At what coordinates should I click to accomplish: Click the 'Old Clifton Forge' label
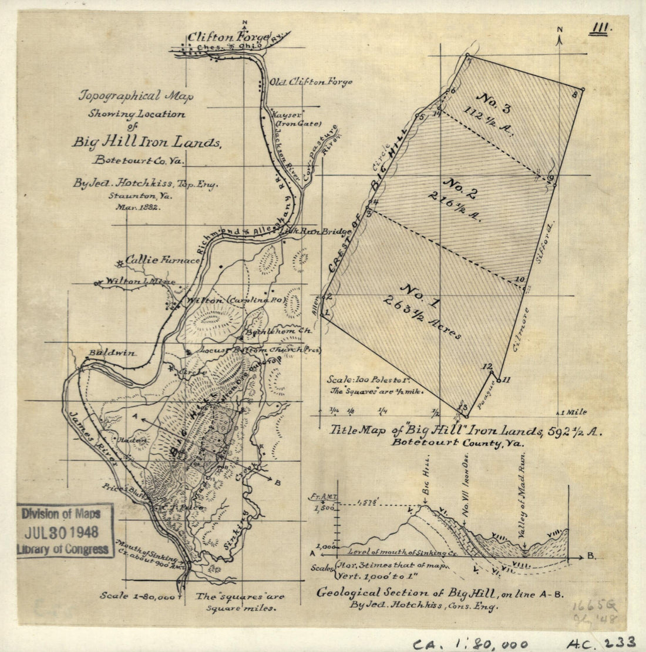(311, 82)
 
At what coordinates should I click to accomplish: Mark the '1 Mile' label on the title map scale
(573, 412)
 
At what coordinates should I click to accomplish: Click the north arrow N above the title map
(561, 31)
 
